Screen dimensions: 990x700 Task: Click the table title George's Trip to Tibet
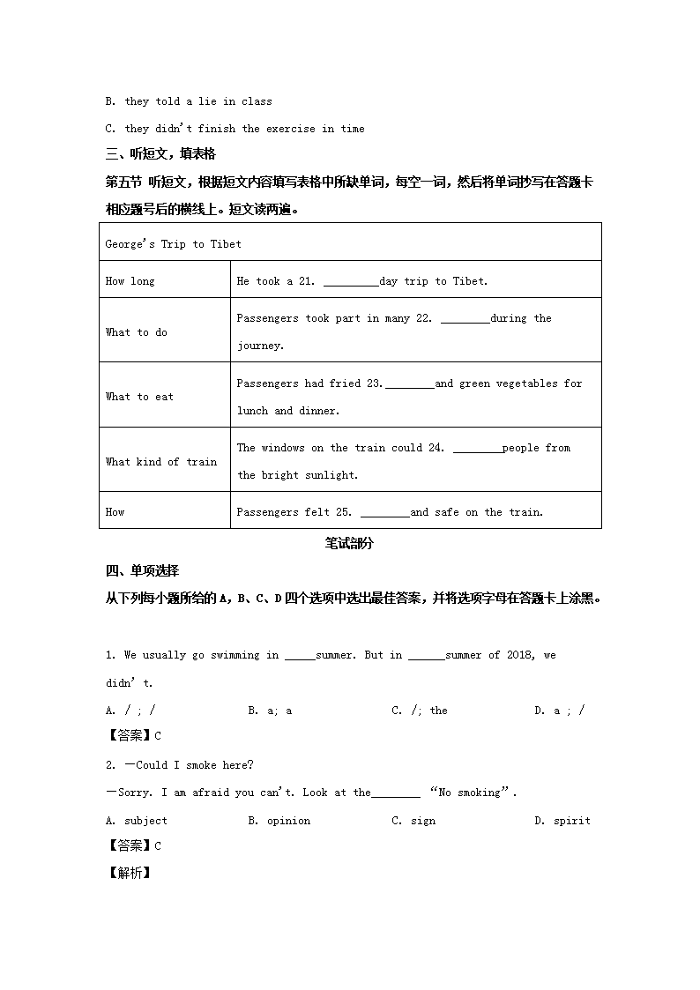(173, 244)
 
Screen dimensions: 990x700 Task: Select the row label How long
(130, 281)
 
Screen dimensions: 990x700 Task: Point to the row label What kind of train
(161, 461)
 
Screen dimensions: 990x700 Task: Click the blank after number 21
(351, 282)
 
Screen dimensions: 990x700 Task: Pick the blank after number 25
(385, 512)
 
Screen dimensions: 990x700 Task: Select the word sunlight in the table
(331, 475)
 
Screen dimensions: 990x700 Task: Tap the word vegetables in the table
(526, 383)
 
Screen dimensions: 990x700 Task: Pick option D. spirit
(562, 821)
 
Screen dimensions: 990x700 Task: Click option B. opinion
(279, 821)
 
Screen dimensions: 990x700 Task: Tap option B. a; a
(270, 711)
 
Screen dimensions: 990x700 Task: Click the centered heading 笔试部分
(349, 544)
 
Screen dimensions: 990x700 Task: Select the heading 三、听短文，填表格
(160, 154)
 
